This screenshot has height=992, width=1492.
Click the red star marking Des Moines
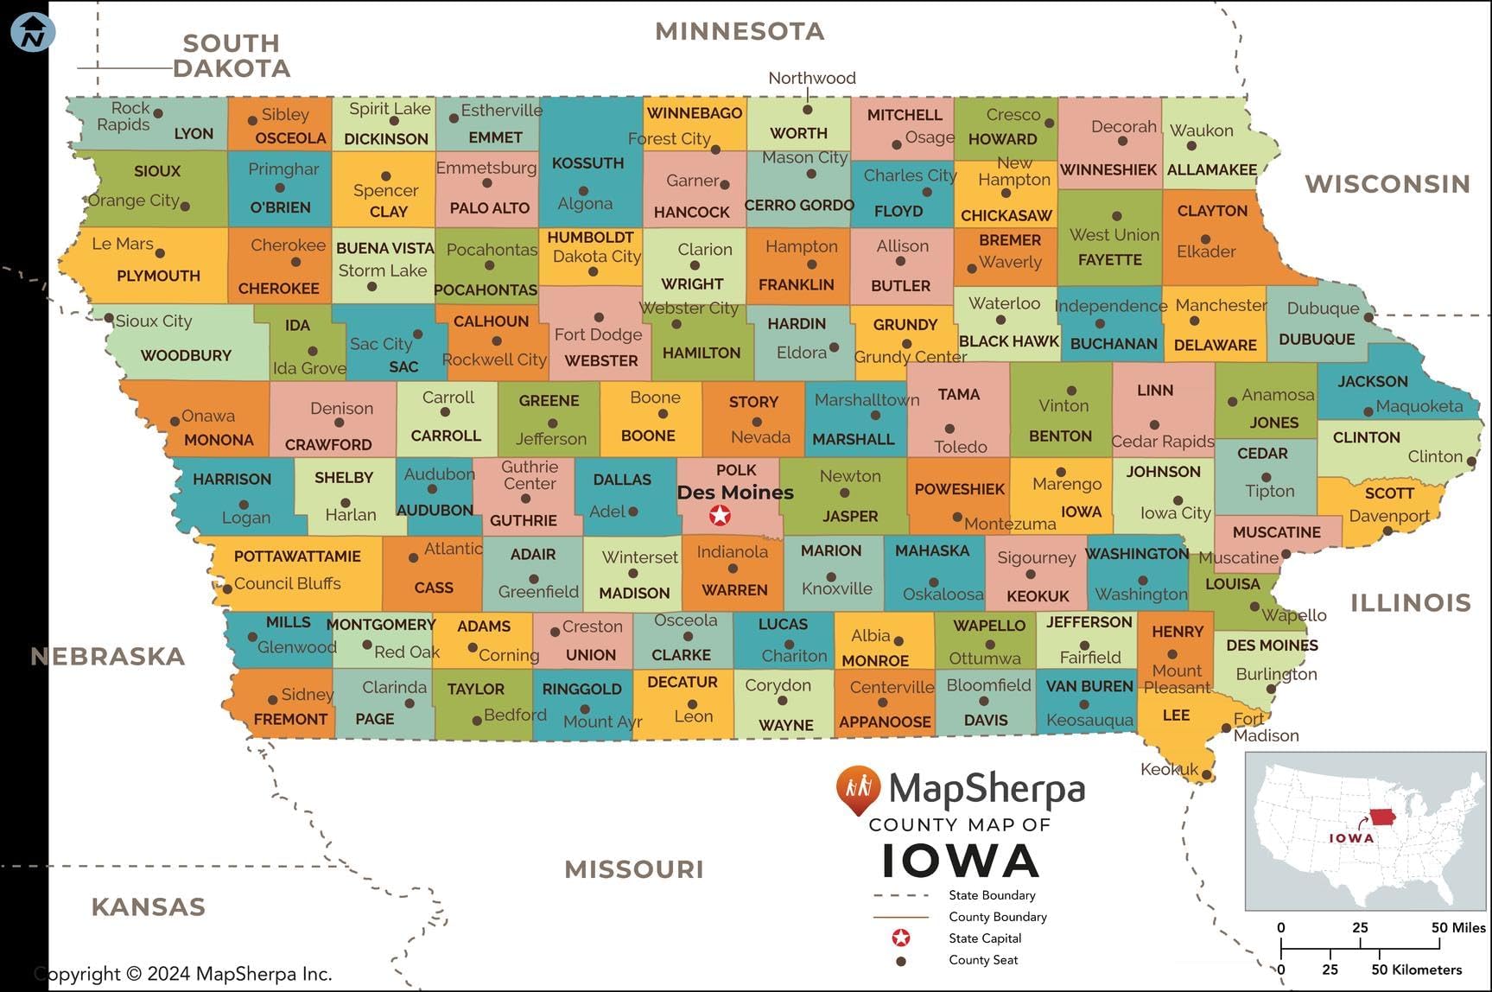click(720, 516)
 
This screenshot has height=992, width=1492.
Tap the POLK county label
click(736, 470)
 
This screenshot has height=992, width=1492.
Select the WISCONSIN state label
click(1387, 184)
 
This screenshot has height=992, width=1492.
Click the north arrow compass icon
click(33, 34)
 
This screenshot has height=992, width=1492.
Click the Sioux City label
click(153, 321)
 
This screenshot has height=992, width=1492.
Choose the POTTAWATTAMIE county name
click(297, 556)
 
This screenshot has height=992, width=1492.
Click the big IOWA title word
click(960, 861)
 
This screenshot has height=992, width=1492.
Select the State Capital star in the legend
click(901, 938)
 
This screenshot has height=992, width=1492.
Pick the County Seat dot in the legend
click(901, 960)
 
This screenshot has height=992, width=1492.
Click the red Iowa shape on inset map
click(1383, 817)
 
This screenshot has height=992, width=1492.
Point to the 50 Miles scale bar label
click(1458, 927)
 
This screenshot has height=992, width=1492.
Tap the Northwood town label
click(812, 78)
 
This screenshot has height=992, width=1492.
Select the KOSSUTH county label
click(587, 162)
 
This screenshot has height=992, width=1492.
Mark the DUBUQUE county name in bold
click(1317, 340)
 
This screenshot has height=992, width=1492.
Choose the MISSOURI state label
click(634, 869)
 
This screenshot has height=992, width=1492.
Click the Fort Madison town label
click(1265, 727)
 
